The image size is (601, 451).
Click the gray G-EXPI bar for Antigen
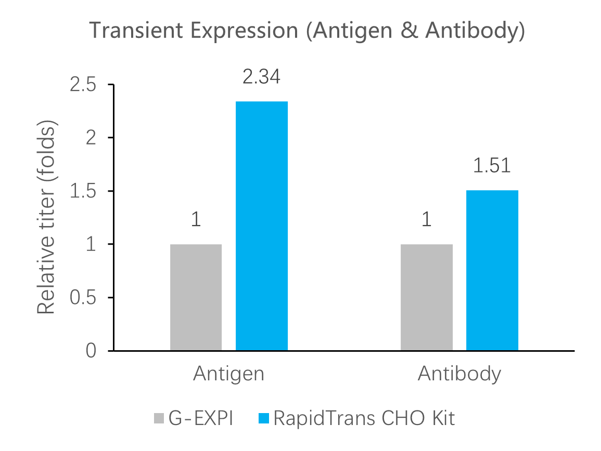tap(196, 297)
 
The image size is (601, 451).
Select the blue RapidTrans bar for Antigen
tap(262, 225)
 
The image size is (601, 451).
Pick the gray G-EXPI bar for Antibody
tap(427, 297)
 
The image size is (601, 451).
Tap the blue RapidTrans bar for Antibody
tap(492, 270)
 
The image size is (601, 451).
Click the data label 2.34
tap(262, 77)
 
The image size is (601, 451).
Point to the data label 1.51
tap(492, 166)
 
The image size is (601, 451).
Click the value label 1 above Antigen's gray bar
tap(196, 220)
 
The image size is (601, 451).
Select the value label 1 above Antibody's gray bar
tap(427, 220)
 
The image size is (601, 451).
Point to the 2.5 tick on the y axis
tap(83, 85)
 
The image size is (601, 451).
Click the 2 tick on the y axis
tap(91, 138)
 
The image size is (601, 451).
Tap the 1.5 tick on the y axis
tap(83, 192)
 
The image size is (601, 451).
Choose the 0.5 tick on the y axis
tap(83, 298)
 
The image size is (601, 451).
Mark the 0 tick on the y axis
tap(91, 351)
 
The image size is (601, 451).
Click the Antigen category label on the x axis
tap(228, 374)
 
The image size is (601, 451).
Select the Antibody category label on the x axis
tap(459, 374)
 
